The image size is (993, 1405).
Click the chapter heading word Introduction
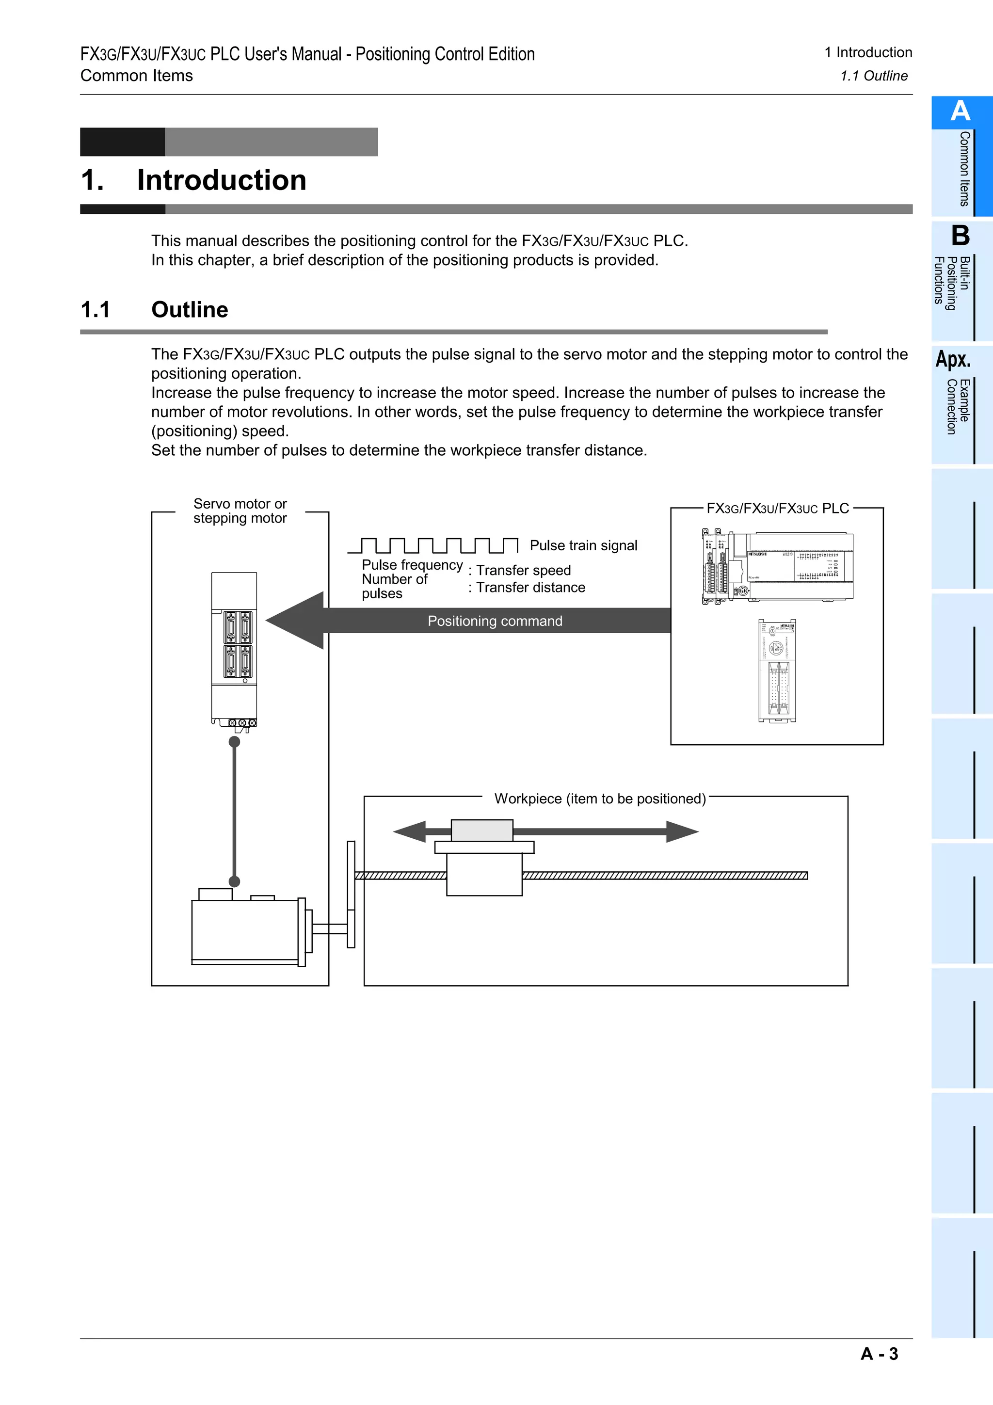(221, 180)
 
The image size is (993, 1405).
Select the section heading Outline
(190, 310)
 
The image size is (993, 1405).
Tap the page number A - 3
(879, 1354)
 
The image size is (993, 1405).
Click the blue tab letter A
(960, 112)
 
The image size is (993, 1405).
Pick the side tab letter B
(960, 236)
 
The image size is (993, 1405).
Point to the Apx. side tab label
(953, 359)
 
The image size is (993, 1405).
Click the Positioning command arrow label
(495, 621)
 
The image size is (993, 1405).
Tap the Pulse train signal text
(583, 545)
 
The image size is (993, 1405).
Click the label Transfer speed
(523, 570)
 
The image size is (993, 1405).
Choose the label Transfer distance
(530, 588)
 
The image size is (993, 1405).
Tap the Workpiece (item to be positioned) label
(600, 798)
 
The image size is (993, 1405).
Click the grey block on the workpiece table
(481, 830)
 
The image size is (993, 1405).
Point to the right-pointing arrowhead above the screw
(682, 831)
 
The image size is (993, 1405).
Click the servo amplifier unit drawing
(234, 649)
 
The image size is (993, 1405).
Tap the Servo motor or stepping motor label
(240, 511)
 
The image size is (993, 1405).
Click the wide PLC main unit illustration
(799, 566)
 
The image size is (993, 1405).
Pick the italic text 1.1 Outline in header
(873, 76)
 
